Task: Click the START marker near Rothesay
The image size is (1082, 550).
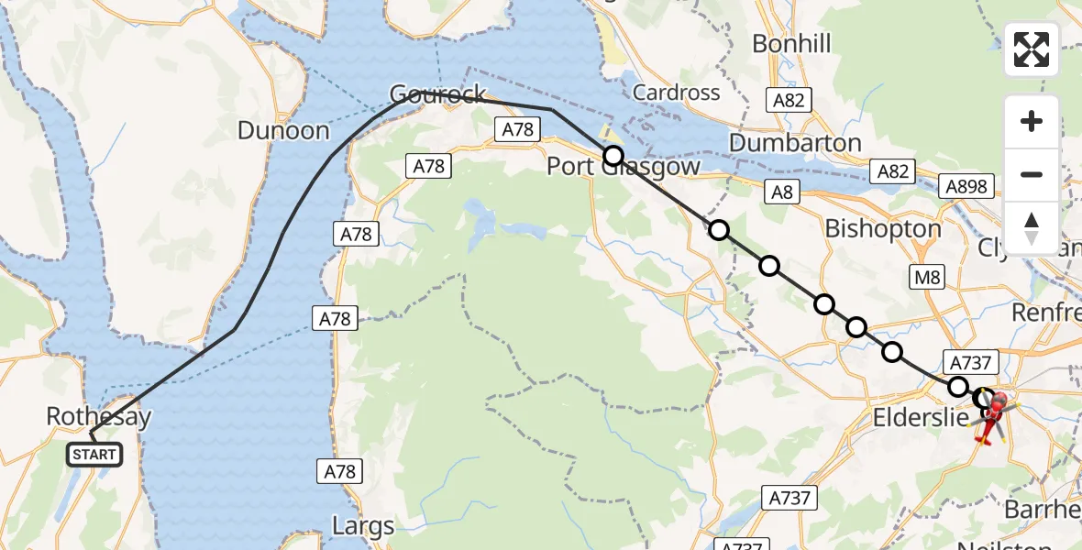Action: point(94,454)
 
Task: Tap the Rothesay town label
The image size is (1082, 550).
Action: point(98,418)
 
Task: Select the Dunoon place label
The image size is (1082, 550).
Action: point(283,131)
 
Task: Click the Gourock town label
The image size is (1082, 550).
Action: point(437,94)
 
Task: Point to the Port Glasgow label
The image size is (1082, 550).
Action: point(624,167)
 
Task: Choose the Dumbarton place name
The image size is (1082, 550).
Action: point(795,143)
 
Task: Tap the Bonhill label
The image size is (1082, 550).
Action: point(791,43)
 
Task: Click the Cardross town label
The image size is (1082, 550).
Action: point(676,93)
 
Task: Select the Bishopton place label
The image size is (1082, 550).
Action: point(883,228)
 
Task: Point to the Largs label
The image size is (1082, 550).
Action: point(364,527)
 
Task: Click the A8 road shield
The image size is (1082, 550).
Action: point(782,192)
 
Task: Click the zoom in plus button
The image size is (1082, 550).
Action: point(1032,121)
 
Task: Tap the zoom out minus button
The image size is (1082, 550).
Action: point(1032,174)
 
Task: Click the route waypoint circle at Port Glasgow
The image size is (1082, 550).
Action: point(613,155)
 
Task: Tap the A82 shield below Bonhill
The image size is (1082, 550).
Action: point(788,101)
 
